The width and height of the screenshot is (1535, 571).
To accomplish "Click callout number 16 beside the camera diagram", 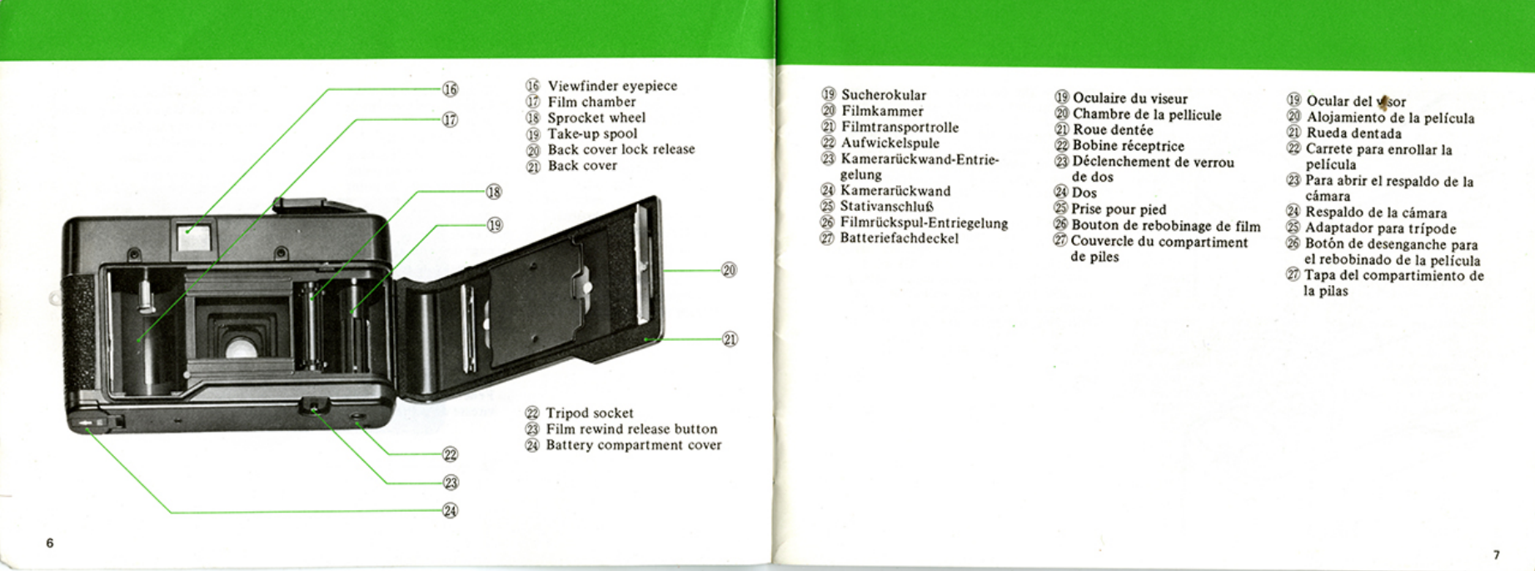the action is tap(450, 89).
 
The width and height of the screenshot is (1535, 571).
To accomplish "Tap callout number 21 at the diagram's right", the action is tap(730, 339).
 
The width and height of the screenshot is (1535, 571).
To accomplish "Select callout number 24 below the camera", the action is tap(450, 510).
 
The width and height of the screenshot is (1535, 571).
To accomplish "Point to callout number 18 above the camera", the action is tap(494, 193).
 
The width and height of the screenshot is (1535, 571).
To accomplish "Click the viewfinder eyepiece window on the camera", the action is tap(193, 236).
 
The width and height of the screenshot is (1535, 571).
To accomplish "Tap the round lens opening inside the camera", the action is tap(240, 347).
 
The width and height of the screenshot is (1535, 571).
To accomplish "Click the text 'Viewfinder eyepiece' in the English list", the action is tap(612, 86).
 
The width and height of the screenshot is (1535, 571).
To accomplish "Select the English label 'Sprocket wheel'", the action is tap(596, 118).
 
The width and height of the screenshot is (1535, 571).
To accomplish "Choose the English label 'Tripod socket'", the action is tap(590, 413).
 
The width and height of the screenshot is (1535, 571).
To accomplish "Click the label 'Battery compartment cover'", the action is tap(634, 445).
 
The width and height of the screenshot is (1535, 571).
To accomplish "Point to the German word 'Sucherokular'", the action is tap(883, 95).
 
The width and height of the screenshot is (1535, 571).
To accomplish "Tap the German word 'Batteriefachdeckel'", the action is tap(900, 238).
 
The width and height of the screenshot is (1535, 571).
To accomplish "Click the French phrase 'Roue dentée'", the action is tap(1113, 130).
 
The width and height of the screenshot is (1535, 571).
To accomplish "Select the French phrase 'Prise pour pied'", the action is tap(1119, 209).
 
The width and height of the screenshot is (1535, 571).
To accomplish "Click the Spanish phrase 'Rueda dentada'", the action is tap(1353, 133).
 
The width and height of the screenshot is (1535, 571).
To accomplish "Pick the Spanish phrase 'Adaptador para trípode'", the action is tap(1380, 228).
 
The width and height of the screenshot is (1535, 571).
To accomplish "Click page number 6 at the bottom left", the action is tap(50, 543).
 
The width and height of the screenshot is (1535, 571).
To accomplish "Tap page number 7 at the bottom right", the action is tap(1497, 554).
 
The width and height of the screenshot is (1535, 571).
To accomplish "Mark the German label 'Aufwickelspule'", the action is tap(890, 143).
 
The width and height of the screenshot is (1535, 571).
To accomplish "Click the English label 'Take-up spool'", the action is tap(592, 133).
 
